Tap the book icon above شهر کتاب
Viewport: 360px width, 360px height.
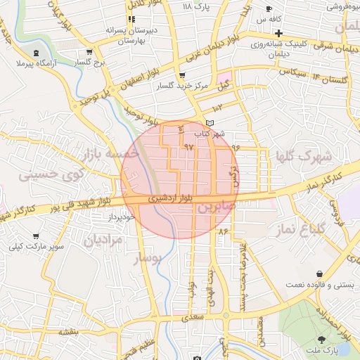point(209,124)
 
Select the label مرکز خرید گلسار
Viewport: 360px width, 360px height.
point(184,85)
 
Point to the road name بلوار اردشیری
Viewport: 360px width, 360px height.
point(169,200)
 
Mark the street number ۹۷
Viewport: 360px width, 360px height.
point(188,146)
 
